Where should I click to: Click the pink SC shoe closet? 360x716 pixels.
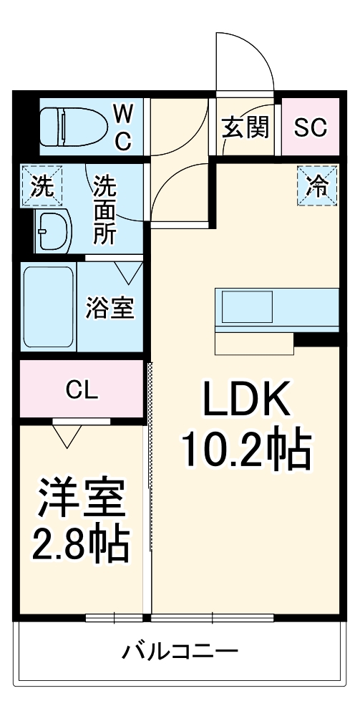[x=311, y=128]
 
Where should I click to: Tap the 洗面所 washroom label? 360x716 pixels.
[x=105, y=211]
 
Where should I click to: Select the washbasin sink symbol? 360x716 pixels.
[x=54, y=231]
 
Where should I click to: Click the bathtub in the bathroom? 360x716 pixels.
[x=48, y=308]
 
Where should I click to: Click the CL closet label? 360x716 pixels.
[x=82, y=390]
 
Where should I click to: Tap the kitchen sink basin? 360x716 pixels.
[x=245, y=308]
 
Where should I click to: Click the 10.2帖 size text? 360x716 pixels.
[x=245, y=449]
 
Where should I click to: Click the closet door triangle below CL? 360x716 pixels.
[x=67, y=435]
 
